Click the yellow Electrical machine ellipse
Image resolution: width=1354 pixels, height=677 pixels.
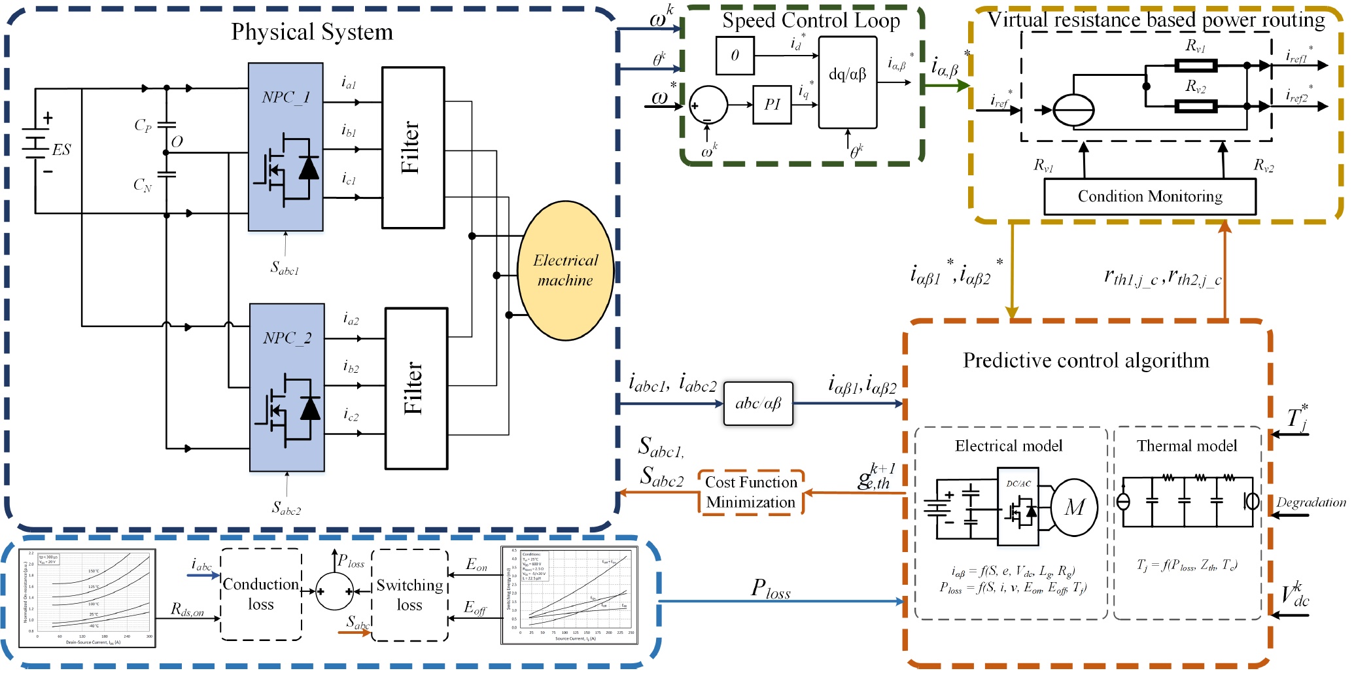[x=565, y=270]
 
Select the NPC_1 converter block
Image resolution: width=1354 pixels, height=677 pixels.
[x=285, y=147]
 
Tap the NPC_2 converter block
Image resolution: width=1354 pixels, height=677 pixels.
[x=286, y=387]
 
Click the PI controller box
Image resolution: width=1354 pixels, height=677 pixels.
[x=772, y=105]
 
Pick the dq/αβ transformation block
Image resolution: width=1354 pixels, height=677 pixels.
[x=847, y=82]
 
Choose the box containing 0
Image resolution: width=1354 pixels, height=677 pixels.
[x=735, y=56]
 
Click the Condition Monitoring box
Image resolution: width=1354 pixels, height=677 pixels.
[x=1149, y=197]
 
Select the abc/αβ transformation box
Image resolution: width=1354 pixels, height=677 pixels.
[x=758, y=404]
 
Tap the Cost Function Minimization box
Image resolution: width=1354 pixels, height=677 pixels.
[x=751, y=493]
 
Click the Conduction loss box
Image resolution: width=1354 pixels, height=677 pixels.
[x=261, y=595]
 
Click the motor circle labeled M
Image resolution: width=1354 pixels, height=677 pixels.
[x=1074, y=508]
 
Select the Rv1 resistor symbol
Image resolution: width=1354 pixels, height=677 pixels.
[x=1195, y=65]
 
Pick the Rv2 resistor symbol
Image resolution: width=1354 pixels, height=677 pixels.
[x=1195, y=106]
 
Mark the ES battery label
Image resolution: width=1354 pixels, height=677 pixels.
[x=61, y=150]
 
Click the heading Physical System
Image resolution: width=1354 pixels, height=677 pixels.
[x=312, y=32]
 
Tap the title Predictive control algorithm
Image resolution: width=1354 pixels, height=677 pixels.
[x=1086, y=361]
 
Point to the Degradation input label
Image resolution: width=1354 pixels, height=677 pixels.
[x=1310, y=502]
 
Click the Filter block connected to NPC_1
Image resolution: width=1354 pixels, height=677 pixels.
[x=413, y=148]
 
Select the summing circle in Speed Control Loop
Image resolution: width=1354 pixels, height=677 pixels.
[x=708, y=105]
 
